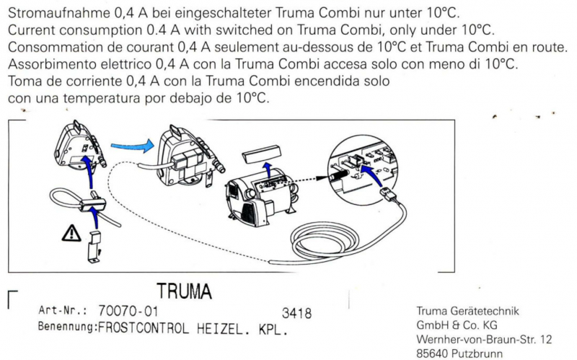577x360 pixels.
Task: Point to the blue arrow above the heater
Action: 268,168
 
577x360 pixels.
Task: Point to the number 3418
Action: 296,313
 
